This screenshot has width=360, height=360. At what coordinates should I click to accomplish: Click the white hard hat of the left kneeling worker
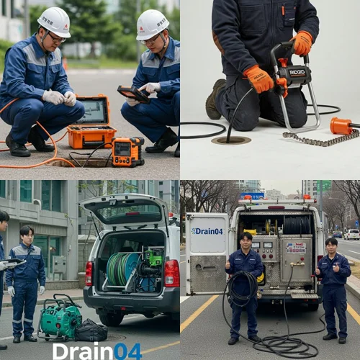coord(54,21)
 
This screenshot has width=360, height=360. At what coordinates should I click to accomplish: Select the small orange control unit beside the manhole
coord(127,151)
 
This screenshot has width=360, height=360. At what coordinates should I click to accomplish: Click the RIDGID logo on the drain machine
coord(297,71)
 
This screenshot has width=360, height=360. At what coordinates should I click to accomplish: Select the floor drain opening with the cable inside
coord(231,140)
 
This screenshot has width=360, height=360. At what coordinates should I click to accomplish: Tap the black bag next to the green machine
coord(91,330)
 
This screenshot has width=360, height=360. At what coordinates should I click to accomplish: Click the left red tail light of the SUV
coord(89,274)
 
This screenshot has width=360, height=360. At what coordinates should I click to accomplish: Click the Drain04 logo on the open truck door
coord(207,231)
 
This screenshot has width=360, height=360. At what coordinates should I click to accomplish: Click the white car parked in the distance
coord(351,234)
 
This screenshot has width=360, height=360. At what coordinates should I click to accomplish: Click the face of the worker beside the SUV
coord(27,235)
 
